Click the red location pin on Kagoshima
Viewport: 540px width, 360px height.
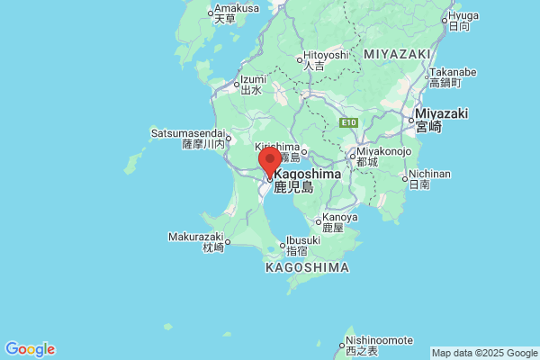[x=269, y=163]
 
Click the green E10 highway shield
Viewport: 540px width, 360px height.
[x=349, y=122]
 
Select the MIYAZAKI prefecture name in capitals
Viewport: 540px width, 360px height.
[x=397, y=55]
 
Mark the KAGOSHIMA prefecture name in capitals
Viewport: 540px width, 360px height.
[x=307, y=267]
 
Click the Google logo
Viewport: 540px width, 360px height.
[x=30, y=349]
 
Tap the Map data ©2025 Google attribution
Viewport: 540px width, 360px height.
[x=483, y=353]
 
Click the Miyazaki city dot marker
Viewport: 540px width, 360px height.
[x=408, y=118]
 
